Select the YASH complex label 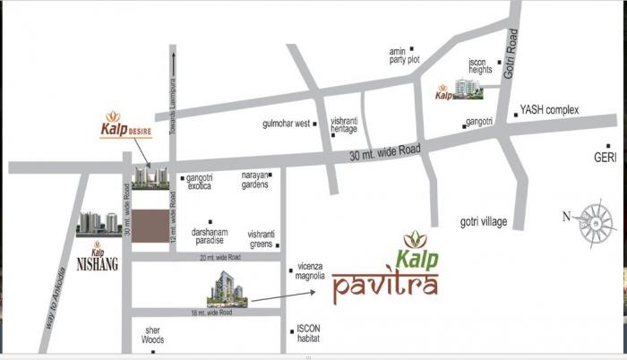(x=549, y=110)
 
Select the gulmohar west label (x=287, y=123)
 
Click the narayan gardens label (x=254, y=180)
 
